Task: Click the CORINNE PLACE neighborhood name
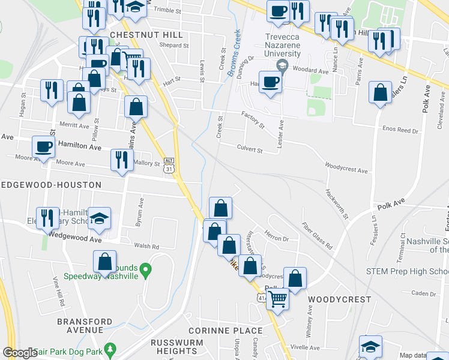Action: [225, 331]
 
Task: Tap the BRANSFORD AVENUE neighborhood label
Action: [85, 326]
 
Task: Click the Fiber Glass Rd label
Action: [317, 237]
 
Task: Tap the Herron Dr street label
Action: [276, 237]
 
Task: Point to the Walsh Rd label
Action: [146, 247]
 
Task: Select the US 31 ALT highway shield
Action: [169, 166]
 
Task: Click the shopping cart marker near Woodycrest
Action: [277, 296]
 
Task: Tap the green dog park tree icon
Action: [109, 349]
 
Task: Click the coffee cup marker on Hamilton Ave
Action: [43, 146]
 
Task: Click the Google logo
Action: [20, 353]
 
